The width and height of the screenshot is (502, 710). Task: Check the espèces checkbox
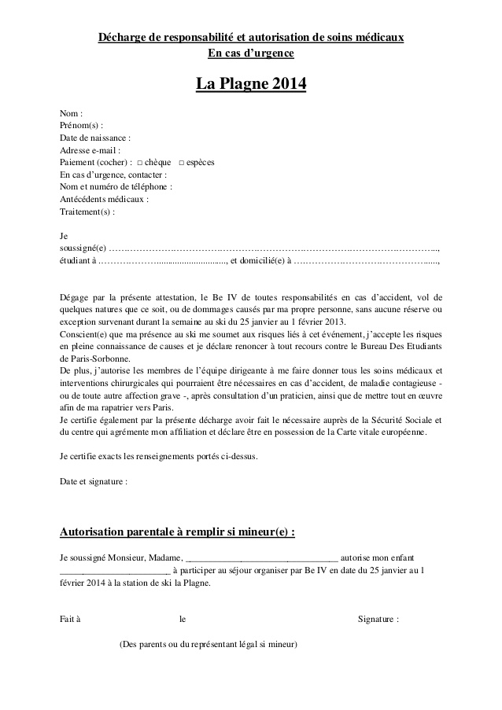[x=182, y=163]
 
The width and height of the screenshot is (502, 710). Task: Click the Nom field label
[x=71, y=113]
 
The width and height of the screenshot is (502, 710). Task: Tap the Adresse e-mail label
[x=90, y=150]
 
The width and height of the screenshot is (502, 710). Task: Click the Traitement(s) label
[x=87, y=212]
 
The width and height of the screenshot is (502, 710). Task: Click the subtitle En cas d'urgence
[x=250, y=53]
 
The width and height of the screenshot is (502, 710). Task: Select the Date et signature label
[x=93, y=480]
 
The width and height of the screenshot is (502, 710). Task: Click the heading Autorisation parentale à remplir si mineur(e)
[x=178, y=532]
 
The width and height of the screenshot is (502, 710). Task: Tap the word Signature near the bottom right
[x=378, y=619]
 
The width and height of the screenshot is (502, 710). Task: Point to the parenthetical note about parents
[x=208, y=644]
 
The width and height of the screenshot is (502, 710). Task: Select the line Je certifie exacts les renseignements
[x=158, y=456]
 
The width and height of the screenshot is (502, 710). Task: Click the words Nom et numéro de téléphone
[x=116, y=187]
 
